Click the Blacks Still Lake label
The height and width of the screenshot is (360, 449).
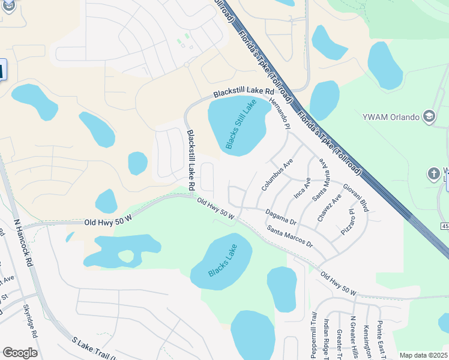240,124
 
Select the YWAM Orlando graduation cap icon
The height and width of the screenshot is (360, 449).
429,116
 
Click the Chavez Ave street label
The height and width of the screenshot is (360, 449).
330,208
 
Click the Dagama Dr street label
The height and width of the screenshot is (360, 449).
281,217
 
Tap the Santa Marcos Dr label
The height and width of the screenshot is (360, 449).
290,236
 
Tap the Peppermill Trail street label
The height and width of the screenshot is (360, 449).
313,335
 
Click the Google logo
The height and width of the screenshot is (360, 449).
20,353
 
